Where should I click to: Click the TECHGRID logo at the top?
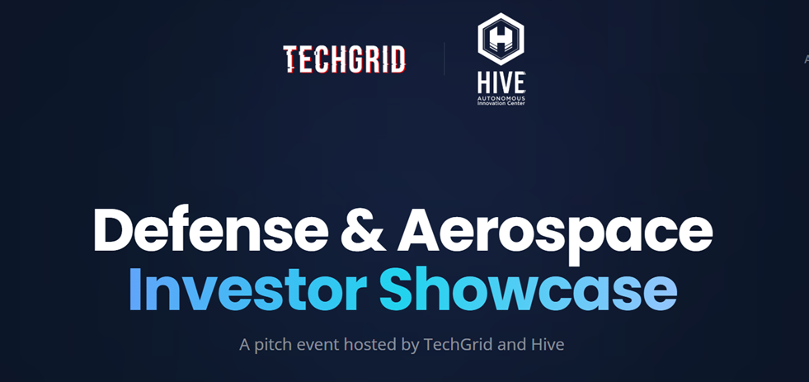[344, 59]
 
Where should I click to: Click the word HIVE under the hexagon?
[501, 83]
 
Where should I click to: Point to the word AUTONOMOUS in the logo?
[501, 97]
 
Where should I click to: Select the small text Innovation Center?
[501, 102]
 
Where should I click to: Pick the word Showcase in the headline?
[529, 289]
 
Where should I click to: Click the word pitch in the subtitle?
[274, 344]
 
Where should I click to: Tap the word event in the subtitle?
[317, 344]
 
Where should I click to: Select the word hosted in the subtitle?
[370, 344]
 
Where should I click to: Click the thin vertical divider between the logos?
[444, 59]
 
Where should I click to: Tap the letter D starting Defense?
[113, 230]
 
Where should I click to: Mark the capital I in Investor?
[136, 289]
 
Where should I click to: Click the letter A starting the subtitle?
[245, 344]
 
